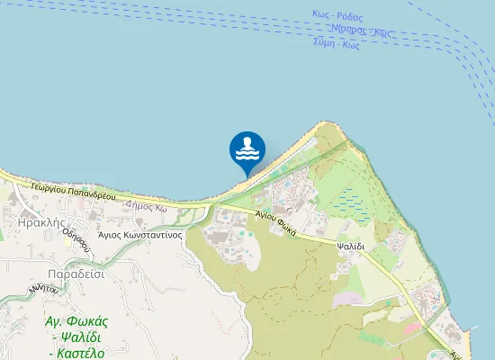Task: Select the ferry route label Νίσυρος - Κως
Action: pos(361,30)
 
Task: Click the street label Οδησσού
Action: pos(76,236)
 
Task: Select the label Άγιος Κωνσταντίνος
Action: pos(140,234)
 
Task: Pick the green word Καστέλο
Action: pos(82,352)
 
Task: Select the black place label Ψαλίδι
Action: pos(350,245)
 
